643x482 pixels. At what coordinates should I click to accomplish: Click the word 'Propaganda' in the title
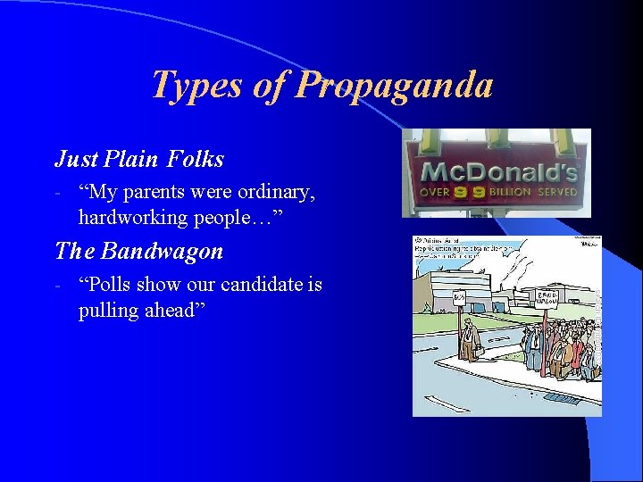(395, 86)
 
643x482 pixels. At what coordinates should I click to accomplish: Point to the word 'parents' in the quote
(152, 192)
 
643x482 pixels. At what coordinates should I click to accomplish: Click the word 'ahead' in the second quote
(175, 310)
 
